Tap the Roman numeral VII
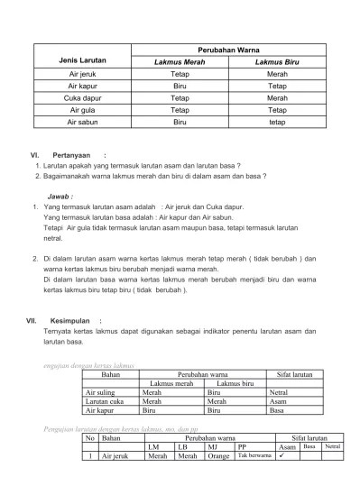pyautogui.click(x=31, y=320)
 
